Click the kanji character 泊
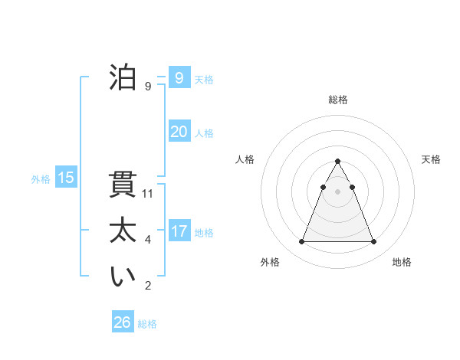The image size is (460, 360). click(123, 78)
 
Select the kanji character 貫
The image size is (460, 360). click(123, 186)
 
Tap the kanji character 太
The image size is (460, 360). click(123, 231)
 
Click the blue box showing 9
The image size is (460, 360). click(179, 77)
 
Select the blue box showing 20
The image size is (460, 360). click(179, 132)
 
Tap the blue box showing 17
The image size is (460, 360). click(179, 231)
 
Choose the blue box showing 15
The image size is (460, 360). click(66, 178)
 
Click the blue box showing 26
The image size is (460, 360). click(123, 322)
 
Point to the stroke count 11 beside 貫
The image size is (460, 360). click(148, 194)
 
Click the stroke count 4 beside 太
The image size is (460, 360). click(148, 240)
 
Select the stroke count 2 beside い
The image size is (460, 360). click(148, 286)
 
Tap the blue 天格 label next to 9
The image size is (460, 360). click(204, 79)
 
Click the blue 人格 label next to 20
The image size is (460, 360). click(204, 133)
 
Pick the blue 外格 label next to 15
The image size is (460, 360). click(41, 179)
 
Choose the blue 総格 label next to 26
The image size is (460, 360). click(147, 324)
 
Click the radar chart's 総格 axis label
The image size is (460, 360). click(338, 100)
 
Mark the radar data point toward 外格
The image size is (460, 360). click(301, 242)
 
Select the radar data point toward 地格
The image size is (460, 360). click(374, 242)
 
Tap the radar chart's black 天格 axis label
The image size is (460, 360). click(432, 159)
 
